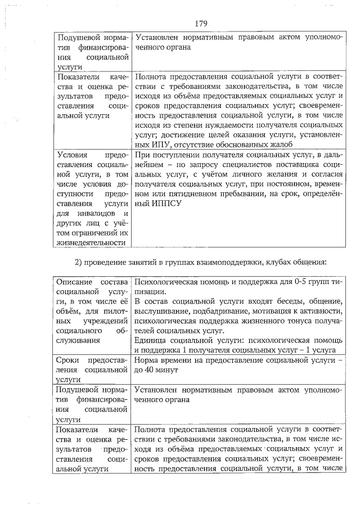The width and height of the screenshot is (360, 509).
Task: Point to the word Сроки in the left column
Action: (x=68, y=360)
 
